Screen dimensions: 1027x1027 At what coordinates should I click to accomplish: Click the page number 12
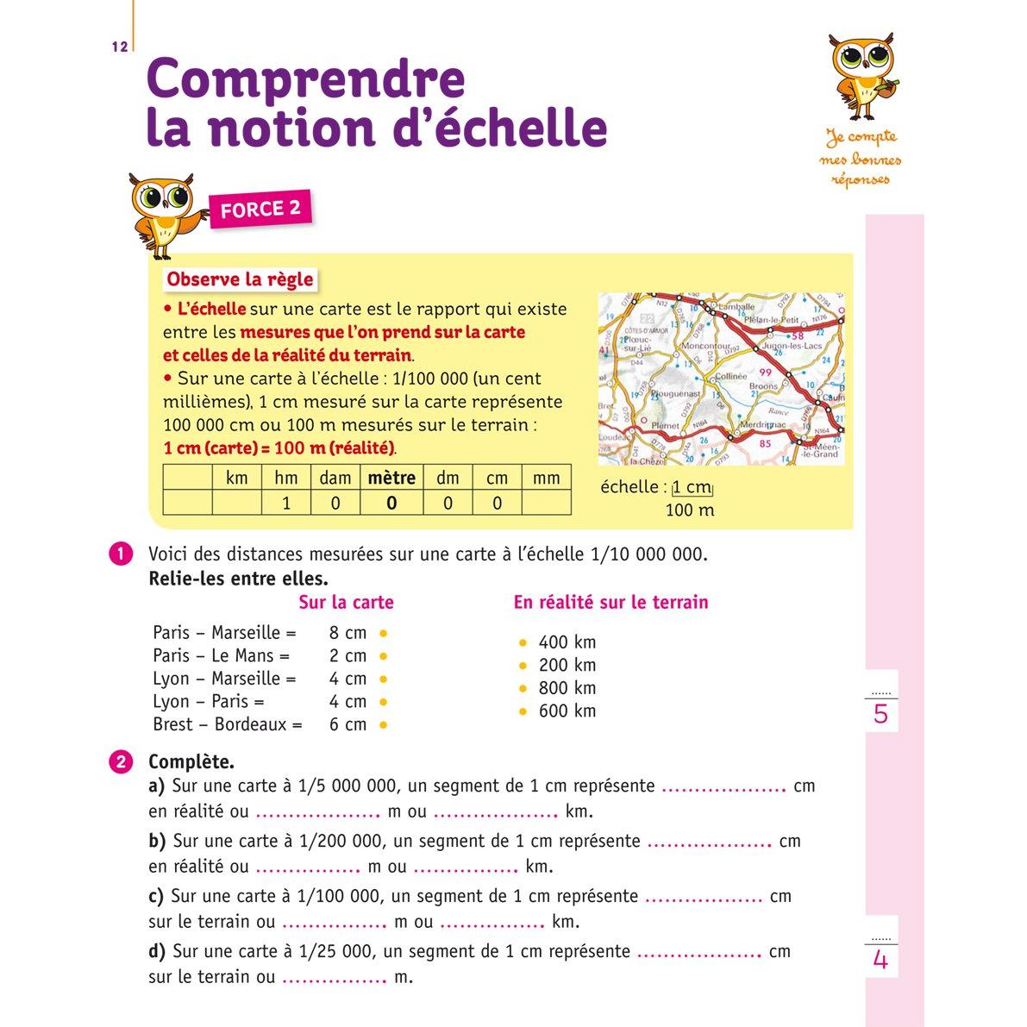tap(119, 47)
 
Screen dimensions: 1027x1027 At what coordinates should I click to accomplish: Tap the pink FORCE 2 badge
tap(260, 209)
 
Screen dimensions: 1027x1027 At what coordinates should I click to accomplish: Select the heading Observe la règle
tap(240, 279)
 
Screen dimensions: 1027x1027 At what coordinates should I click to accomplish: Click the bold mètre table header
tap(391, 478)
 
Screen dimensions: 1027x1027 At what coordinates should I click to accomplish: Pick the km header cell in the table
tap(236, 478)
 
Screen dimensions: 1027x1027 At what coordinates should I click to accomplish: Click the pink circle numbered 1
tap(121, 554)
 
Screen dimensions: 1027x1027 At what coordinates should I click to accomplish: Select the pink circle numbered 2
tap(121, 762)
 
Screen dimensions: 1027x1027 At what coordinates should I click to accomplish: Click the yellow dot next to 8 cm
tap(384, 633)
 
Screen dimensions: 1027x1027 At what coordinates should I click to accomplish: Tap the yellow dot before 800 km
tap(523, 688)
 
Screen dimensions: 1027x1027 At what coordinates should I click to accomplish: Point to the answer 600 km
tap(567, 711)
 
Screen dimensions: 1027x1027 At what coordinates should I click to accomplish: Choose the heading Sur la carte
tap(346, 603)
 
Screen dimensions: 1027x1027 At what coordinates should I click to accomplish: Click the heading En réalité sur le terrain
tap(611, 603)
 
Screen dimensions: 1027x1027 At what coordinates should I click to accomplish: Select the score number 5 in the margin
tap(880, 714)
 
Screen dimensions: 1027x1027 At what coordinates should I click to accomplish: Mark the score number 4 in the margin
tap(880, 959)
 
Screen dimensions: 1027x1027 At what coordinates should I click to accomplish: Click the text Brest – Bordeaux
tap(227, 724)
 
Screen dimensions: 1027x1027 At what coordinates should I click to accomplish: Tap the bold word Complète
tap(191, 762)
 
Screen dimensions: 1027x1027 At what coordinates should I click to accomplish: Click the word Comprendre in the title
tap(307, 79)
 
